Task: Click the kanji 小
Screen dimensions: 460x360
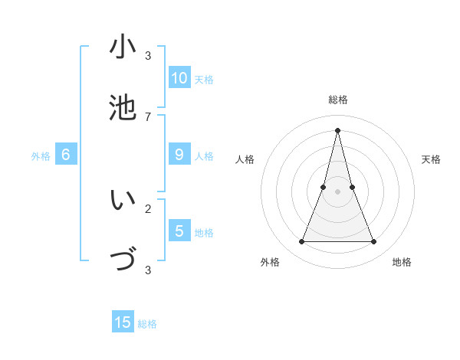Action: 123,47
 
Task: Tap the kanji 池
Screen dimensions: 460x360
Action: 123,107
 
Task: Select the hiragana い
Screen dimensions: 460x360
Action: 123,200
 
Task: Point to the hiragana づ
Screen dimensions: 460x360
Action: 123,260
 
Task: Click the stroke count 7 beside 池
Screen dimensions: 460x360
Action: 148,116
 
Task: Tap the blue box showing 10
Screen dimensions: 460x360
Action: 179,78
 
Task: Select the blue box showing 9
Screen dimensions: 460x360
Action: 179,155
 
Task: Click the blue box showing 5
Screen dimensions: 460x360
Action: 179,231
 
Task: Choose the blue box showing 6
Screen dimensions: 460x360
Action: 66,155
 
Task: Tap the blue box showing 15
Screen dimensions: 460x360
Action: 123,322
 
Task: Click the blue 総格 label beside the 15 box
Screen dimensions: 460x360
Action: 147,324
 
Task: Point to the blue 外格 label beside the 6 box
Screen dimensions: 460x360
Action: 41,156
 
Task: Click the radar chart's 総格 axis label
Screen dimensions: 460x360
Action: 338,100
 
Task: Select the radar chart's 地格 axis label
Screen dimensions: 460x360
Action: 402,262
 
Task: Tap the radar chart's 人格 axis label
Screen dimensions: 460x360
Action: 245,159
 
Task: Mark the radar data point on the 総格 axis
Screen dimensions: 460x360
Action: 338,129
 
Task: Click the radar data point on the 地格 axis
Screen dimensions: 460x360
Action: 374,242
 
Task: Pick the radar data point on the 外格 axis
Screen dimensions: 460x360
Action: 301,242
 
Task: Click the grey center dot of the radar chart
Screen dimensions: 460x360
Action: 338,191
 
